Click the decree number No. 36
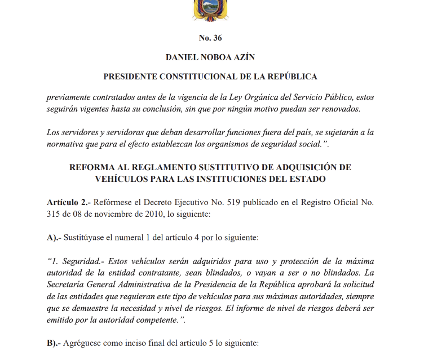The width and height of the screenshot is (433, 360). point(210,38)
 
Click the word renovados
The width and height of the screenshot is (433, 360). point(338,109)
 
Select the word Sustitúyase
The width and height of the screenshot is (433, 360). point(85,238)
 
